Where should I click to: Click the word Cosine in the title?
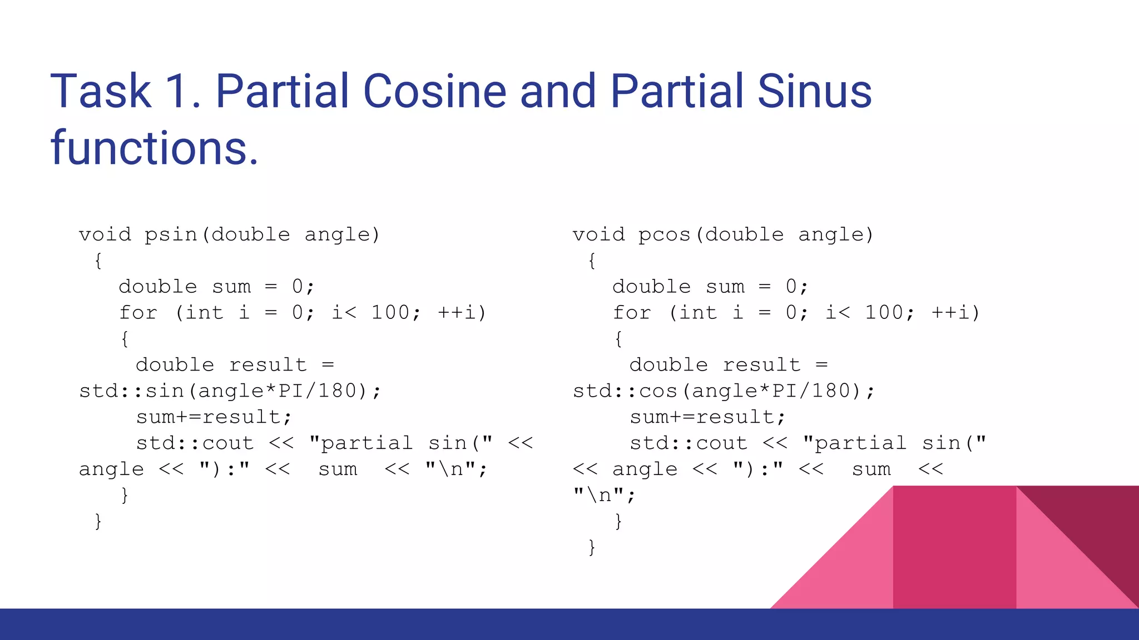coord(434,91)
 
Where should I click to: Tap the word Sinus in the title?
coord(814,91)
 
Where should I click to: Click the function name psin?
coord(171,235)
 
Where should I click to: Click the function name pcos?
coord(665,235)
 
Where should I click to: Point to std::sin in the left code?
coord(131,391)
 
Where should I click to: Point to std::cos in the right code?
coord(625,391)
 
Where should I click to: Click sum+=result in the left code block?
coord(214,417)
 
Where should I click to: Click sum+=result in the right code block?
coord(707,417)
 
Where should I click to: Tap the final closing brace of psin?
coord(98,521)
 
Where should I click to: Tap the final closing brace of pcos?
coord(592,547)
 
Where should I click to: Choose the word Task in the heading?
coord(101,91)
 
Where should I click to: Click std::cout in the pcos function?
coord(689,443)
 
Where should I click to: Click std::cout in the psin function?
coord(195,443)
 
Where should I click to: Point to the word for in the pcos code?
coord(632,313)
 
